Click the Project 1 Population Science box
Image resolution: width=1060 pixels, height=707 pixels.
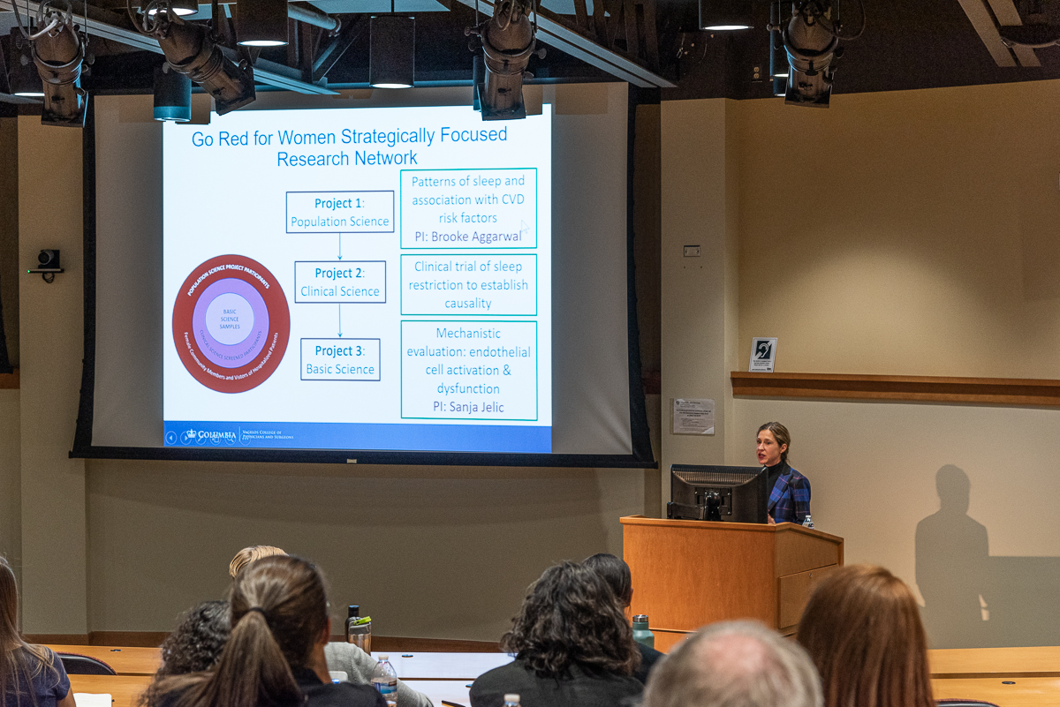pyautogui.click(x=340, y=212)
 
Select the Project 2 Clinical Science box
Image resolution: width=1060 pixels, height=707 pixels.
pyautogui.click(x=340, y=282)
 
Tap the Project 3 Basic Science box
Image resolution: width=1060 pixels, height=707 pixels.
pyautogui.click(x=340, y=359)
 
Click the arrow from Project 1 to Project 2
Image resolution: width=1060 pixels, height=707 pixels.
pyautogui.click(x=340, y=246)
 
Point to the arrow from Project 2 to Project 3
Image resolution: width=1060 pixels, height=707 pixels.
pyautogui.click(x=340, y=320)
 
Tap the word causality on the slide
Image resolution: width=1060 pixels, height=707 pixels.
pyautogui.click(x=468, y=304)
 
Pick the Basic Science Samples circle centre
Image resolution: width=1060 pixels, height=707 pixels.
pyautogui.click(x=230, y=320)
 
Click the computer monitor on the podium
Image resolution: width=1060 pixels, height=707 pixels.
pyautogui.click(x=716, y=492)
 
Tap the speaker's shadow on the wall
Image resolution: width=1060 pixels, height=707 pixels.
pyautogui.click(x=952, y=547)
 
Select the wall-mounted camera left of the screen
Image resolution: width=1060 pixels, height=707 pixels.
pyautogui.click(x=48, y=261)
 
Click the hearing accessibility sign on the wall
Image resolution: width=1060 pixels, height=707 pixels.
pyautogui.click(x=762, y=354)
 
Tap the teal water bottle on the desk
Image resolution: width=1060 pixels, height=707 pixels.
pyautogui.click(x=641, y=630)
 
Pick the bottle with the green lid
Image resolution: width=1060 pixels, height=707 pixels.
pyautogui.click(x=360, y=633)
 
